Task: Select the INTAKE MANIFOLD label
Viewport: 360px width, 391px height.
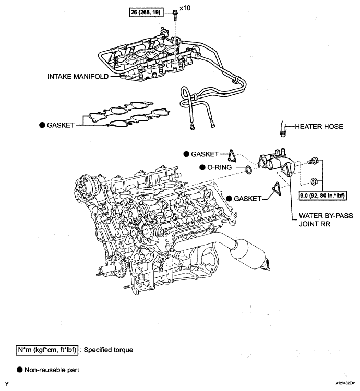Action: (78, 76)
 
